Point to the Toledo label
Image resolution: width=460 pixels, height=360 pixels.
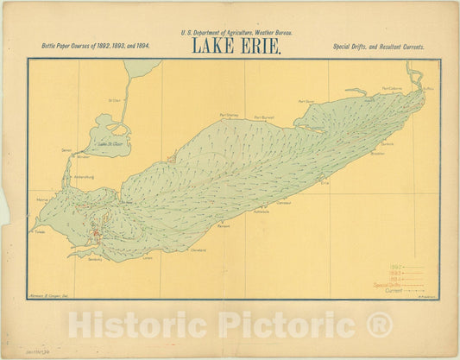39,231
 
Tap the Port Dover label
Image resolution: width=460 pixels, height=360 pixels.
307,101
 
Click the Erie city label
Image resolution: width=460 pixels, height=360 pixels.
325,182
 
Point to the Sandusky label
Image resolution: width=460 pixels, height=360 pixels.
95,258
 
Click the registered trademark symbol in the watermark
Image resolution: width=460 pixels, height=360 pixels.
380,326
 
